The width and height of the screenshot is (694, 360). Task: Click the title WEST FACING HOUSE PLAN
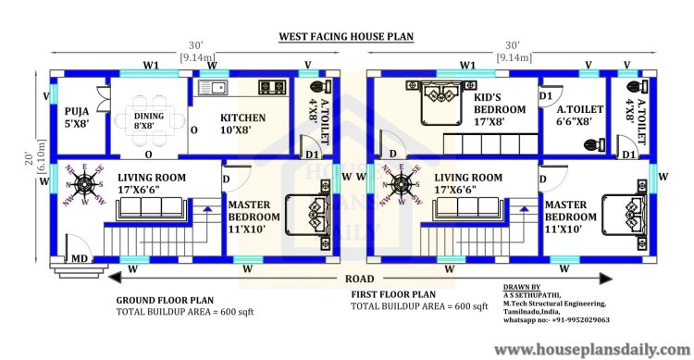tap(346, 36)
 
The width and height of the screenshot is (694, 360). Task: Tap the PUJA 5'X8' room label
tap(77, 118)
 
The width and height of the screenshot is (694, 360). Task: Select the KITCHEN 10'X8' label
tap(242, 123)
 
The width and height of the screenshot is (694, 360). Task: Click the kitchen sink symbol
tap(213, 88)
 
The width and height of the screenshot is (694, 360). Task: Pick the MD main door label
tap(80, 258)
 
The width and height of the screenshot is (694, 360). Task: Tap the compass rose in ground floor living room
tap(84, 184)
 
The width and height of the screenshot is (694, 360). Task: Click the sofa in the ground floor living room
tap(151, 209)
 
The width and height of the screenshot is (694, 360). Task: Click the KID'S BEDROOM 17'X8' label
tap(500, 109)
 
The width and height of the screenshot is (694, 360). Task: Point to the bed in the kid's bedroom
tap(441, 102)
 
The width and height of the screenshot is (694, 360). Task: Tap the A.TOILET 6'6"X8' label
tap(579, 115)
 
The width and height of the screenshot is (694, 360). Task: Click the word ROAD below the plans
tap(359, 279)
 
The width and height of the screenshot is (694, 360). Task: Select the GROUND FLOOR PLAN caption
tap(165, 300)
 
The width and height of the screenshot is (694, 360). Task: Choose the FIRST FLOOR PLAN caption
tap(393, 294)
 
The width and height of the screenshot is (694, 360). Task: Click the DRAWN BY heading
tap(522, 287)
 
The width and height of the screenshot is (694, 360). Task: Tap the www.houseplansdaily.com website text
tap(592, 350)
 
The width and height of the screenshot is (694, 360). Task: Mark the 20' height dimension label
tap(29, 158)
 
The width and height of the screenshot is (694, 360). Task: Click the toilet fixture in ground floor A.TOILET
tap(321, 87)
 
